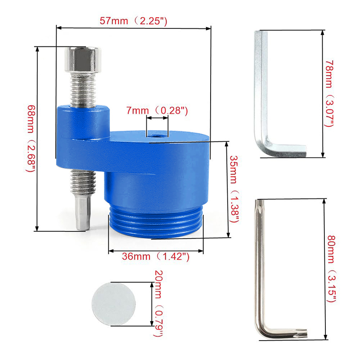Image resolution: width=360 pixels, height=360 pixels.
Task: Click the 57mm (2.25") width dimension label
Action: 133,21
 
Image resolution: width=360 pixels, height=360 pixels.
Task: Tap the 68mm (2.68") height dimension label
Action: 31,139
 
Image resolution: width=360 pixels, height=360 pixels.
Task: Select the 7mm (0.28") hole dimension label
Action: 157,111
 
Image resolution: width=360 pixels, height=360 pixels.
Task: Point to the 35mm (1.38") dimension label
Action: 234,189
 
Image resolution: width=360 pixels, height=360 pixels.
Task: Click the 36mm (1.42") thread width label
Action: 156,256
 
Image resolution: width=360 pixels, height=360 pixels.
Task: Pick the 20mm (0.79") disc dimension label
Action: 158,303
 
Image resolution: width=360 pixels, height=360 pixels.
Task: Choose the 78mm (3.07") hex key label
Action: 329,94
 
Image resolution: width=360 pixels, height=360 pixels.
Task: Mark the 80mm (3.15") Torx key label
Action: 331,269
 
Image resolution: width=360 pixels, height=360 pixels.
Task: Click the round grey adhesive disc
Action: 113,304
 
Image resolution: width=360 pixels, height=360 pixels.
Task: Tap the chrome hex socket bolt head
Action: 83,59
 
